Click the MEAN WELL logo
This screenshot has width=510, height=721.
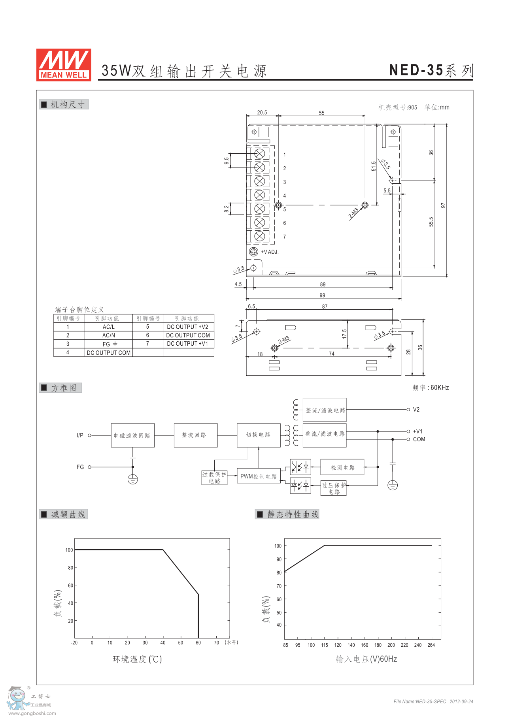click(64, 65)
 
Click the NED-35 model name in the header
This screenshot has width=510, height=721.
click(416, 70)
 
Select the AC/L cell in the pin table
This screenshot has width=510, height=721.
click(108, 327)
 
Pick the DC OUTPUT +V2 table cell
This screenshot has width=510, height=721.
click(188, 327)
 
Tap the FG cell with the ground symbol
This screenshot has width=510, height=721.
click(108, 344)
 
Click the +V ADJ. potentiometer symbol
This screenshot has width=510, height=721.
click(253, 251)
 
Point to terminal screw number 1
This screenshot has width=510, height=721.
click(260, 154)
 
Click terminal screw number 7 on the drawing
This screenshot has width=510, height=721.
click(260, 236)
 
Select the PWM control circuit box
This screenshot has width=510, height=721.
click(259, 476)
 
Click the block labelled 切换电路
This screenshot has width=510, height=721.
click(259, 435)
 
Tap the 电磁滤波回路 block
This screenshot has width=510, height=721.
click(132, 435)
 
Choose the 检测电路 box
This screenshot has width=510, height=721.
click(342, 467)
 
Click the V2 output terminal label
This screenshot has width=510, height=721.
click(416, 410)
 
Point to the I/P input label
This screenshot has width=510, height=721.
click(80, 435)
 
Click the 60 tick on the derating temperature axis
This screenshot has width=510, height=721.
click(198, 643)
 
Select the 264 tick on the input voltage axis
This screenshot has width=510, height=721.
click(431, 645)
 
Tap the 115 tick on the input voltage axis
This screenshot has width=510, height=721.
click(325, 645)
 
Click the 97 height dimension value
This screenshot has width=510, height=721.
click(443, 205)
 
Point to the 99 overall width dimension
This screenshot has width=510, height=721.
click(323, 295)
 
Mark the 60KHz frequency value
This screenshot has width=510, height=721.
click(440, 388)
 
